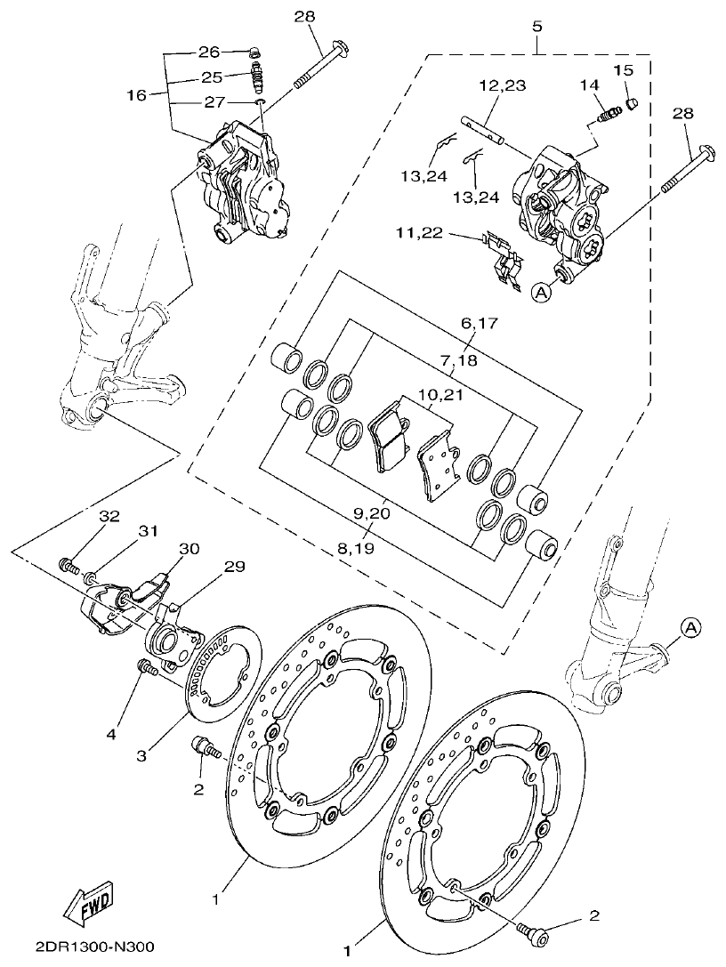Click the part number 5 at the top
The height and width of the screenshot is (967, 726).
(536, 26)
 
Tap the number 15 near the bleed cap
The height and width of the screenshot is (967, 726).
(622, 69)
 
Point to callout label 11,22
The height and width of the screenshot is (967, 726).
(420, 233)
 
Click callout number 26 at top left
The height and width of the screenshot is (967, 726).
(209, 52)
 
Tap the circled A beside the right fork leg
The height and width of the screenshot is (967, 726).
(692, 627)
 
